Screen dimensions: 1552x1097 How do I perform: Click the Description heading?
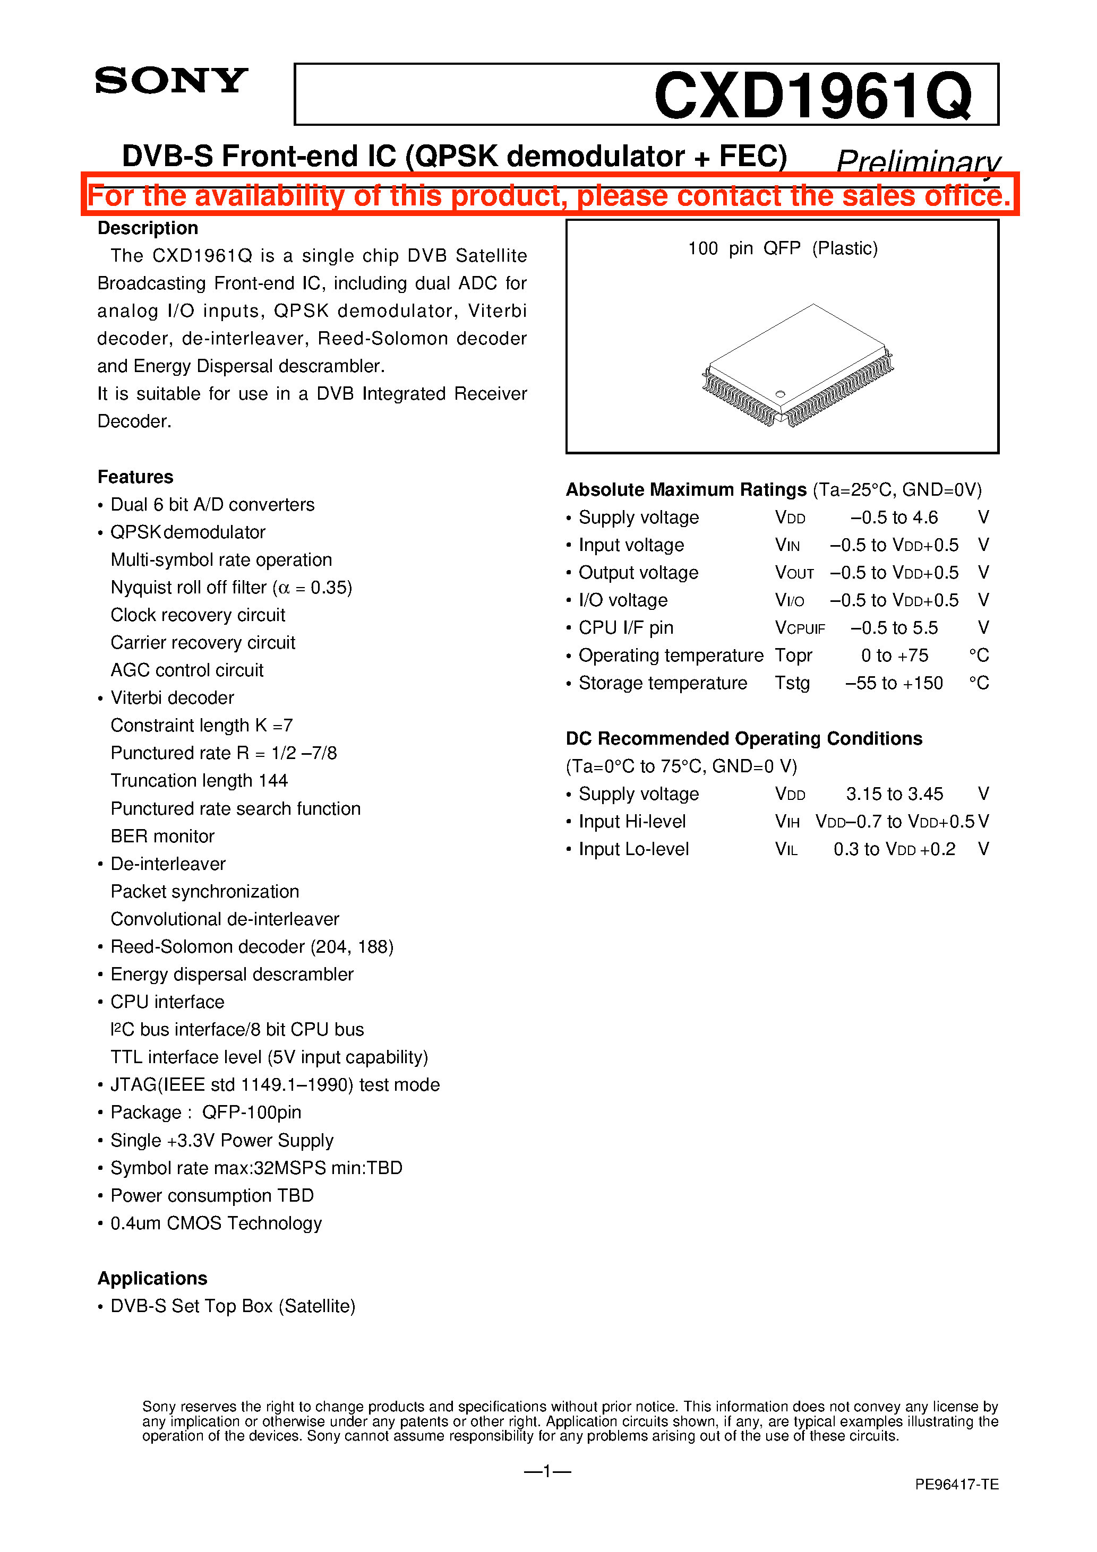pyautogui.click(x=148, y=228)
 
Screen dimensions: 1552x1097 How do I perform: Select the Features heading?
pyautogui.click(x=135, y=477)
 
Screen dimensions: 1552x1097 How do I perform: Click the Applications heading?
pyautogui.click(x=152, y=1278)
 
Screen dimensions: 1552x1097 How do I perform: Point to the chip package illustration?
pyautogui.click(x=798, y=366)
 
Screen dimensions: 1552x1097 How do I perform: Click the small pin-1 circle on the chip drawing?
pyautogui.click(x=780, y=394)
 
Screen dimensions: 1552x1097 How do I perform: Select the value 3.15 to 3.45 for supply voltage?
pyautogui.click(x=894, y=794)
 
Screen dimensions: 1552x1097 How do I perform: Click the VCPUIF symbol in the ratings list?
pyautogui.click(x=800, y=628)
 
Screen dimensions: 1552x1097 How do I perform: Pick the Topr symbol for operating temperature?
pyautogui.click(x=793, y=656)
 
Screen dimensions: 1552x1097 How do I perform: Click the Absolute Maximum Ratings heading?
pyautogui.click(x=686, y=489)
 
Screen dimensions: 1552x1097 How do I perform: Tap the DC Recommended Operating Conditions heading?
pyautogui.click(x=743, y=738)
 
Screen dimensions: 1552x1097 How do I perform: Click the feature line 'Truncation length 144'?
pyautogui.click(x=199, y=781)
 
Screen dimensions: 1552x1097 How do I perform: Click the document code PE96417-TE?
pyautogui.click(x=956, y=1485)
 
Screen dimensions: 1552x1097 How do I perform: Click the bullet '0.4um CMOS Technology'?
pyautogui.click(x=216, y=1223)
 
